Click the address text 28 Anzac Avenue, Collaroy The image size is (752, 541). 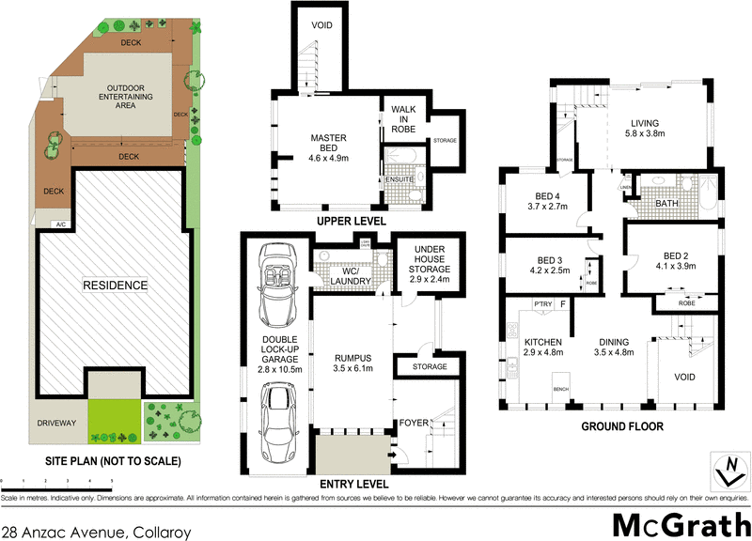(x=96, y=533)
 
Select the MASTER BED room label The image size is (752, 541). (x=329, y=148)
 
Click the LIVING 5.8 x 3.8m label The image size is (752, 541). (x=645, y=128)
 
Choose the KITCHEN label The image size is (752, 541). (x=542, y=348)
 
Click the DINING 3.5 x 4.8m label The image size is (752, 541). (x=617, y=348)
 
